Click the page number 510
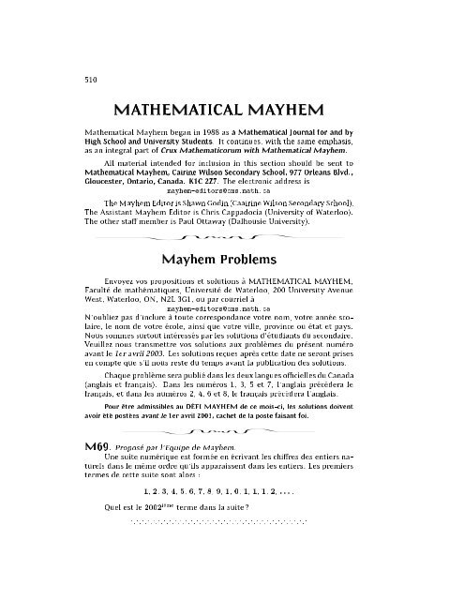(78, 79)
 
